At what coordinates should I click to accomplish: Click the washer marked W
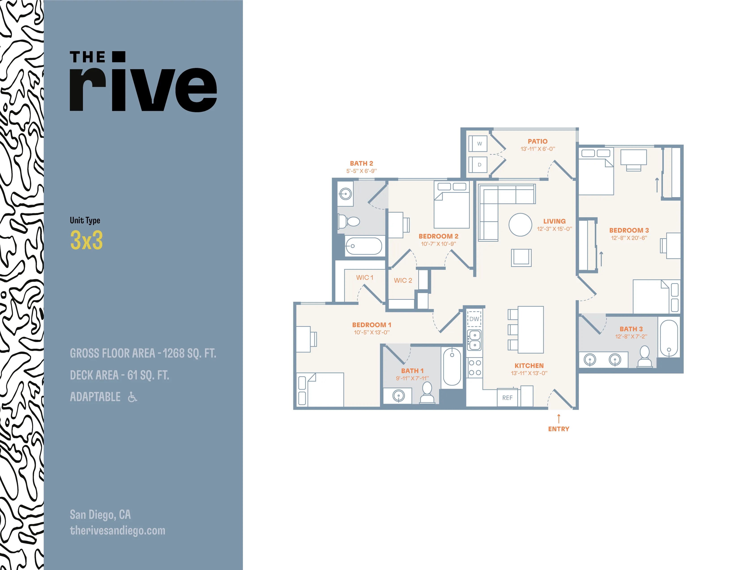click(478, 144)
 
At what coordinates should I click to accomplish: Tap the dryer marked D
click(478, 165)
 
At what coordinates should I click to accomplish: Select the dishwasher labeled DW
click(474, 319)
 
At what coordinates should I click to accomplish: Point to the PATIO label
click(538, 141)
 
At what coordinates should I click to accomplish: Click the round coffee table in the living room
click(520, 225)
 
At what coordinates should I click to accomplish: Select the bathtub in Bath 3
click(669, 338)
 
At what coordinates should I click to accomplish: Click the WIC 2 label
click(403, 281)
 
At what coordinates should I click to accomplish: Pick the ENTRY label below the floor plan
click(558, 429)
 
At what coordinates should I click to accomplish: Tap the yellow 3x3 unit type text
click(87, 240)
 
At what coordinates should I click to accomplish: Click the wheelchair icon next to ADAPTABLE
click(132, 397)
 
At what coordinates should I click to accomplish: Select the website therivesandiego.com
click(118, 530)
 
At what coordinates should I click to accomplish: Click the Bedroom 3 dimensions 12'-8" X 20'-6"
click(629, 238)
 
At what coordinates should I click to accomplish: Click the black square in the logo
click(119, 57)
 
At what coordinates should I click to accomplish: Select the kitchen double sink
click(474, 340)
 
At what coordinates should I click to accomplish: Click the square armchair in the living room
click(521, 258)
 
